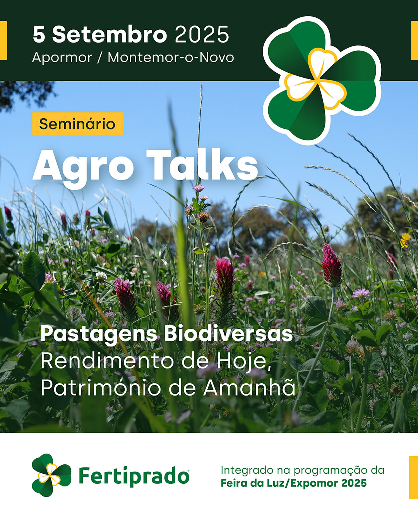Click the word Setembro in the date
[x=110, y=34]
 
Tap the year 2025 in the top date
[x=202, y=34]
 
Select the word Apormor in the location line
[x=62, y=58]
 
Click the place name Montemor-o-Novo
[x=171, y=58]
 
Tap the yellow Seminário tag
[x=78, y=124]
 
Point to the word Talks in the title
[x=202, y=165]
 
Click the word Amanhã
[x=249, y=387]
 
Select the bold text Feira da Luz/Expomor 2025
[x=293, y=483]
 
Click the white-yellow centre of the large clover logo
[x=316, y=79]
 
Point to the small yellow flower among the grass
[x=405, y=241]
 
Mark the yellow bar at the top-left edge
[x=3, y=41]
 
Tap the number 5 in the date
[x=39, y=34]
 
